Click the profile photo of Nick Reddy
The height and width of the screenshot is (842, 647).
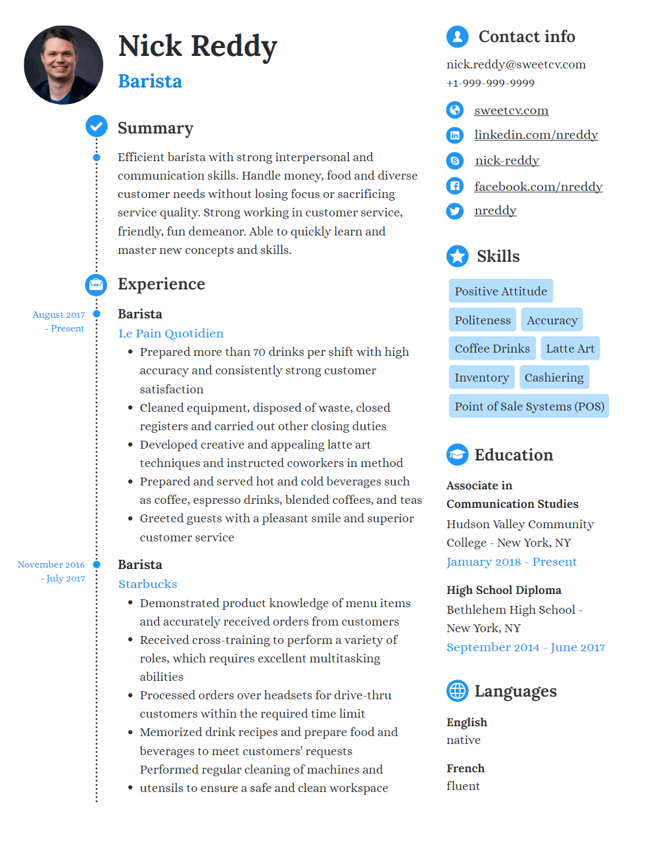63,65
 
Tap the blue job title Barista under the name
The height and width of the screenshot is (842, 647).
150,81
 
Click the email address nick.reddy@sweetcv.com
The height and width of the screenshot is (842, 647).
515,64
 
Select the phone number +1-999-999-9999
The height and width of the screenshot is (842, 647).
490,83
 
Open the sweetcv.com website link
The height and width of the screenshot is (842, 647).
511,111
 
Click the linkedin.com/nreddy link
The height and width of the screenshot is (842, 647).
535,135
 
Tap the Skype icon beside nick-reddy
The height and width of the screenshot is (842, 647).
454,161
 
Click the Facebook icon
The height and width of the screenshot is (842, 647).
454,186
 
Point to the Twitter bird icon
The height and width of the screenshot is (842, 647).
454,210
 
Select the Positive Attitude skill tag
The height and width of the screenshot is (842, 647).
500,291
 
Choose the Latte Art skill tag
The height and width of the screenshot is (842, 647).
569,349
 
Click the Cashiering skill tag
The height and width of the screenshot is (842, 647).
554,378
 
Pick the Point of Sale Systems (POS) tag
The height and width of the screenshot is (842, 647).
529,407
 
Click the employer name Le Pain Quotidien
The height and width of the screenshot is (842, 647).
171,334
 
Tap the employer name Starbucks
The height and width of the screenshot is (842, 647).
148,584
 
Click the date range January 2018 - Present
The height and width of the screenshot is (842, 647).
511,562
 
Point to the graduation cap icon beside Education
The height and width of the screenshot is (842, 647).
457,455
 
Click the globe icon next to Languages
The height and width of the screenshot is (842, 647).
457,691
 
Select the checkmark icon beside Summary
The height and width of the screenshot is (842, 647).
97,126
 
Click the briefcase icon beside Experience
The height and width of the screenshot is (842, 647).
96,285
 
